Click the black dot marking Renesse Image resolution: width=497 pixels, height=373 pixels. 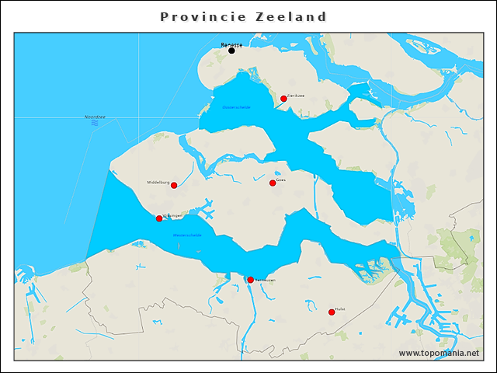click(231, 51)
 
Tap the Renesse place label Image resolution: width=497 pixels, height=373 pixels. click(231, 44)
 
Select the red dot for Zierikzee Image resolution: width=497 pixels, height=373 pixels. click(283, 99)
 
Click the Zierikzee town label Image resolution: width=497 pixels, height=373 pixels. click(296, 95)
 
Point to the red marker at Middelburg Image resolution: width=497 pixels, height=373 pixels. click(174, 185)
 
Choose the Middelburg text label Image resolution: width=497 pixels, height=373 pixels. click(158, 182)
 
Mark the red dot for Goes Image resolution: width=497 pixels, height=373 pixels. click(273, 183)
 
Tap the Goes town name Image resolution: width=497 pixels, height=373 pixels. click(281, 179)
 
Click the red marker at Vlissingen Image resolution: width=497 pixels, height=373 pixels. click(159, 218)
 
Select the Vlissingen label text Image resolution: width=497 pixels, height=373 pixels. click(172, 215)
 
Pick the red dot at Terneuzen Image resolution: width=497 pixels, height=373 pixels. click(250, 280)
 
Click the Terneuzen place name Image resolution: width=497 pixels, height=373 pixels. click(264, 280)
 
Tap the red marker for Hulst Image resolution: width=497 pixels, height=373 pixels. click(332, 312)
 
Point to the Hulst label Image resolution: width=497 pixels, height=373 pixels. click(340, 309)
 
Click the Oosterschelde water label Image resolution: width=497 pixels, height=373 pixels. click(236, 107)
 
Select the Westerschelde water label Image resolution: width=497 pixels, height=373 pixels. click(187, 234)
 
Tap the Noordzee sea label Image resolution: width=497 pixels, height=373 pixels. click(95, 117)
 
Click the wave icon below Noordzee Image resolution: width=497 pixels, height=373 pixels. click(95, 123)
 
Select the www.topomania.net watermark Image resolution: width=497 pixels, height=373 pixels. click(439, 353)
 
